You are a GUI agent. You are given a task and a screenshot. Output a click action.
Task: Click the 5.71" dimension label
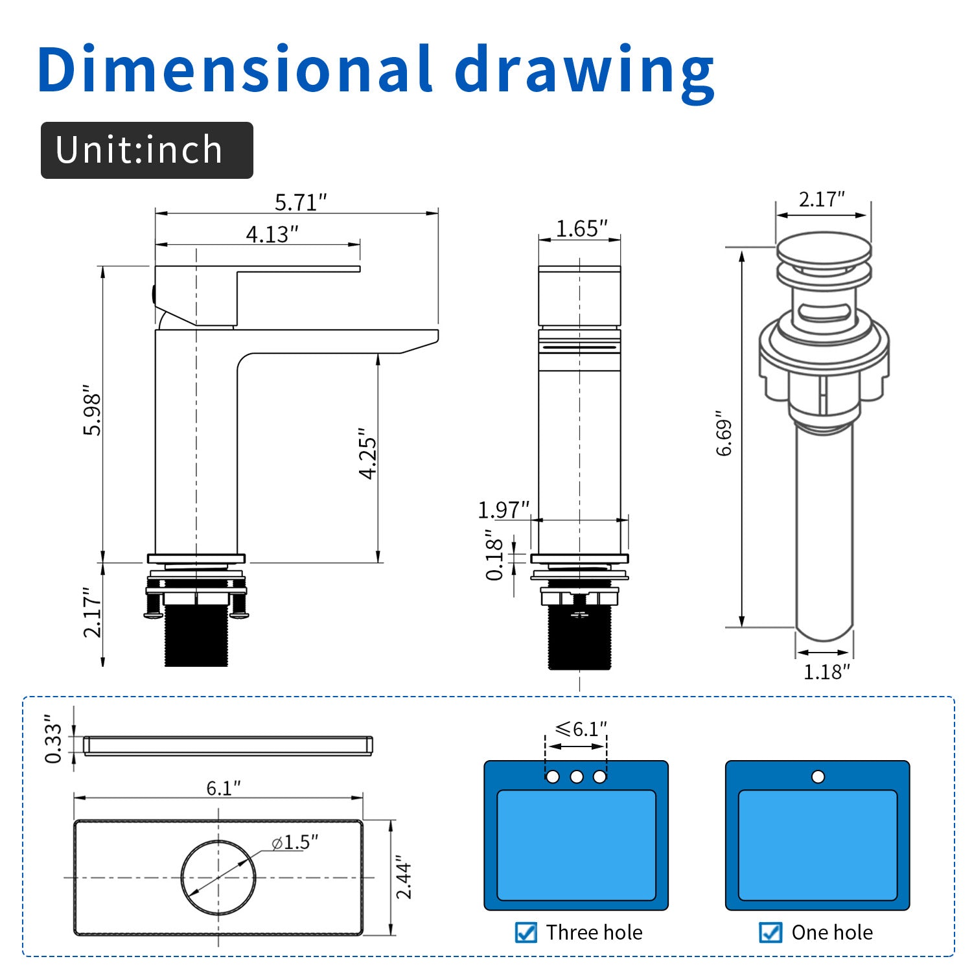[x=301, y=202]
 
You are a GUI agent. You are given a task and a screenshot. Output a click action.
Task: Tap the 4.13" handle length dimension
[x=272, y=234]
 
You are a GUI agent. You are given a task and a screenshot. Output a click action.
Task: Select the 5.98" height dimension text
[x=93, y=414]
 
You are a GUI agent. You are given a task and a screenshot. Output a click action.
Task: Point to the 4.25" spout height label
[x=367, y=454]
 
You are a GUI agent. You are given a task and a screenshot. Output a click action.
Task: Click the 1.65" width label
[x=582, y=228]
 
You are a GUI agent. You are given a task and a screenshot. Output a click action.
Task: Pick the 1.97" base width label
[x=503, y=510]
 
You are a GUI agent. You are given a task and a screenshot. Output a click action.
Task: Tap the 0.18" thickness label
[x=494, y=555]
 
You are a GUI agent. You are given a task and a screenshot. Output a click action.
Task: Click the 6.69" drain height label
[x=724, y=433]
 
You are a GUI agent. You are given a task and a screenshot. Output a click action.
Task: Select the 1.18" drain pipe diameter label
[x=826, y=672]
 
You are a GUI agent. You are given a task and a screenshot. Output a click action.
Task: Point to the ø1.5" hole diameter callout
[x=295, y=842]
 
